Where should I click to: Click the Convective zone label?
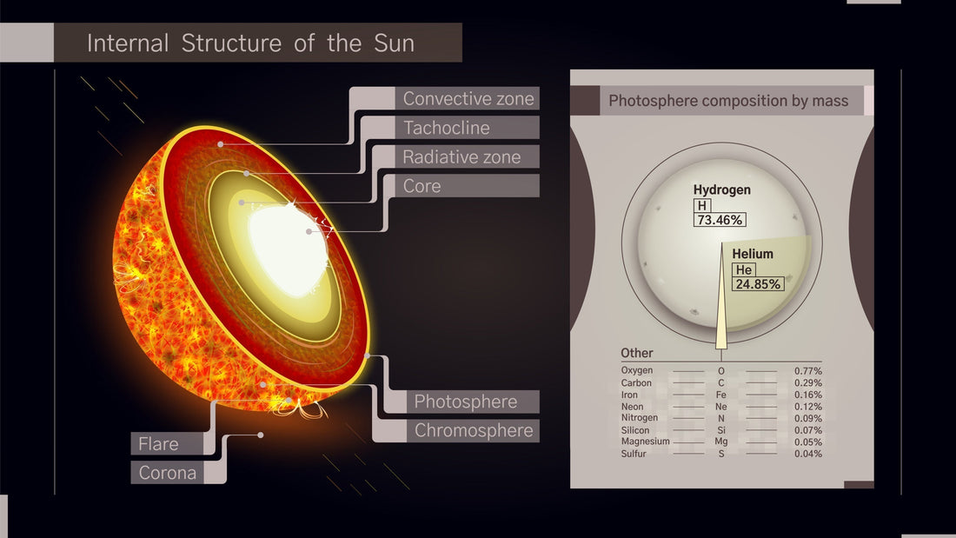coord(468,98)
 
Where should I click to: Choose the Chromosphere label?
coord(473,430)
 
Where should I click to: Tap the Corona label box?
coord(167,473)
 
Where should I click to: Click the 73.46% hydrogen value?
coord(719,220)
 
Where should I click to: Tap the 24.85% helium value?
coord(758,284)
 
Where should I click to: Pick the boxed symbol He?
coord(744,270)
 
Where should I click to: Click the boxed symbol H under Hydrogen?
coord(702,205)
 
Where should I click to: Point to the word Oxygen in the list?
coord(636,371)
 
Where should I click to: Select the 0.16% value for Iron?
coord(807,395)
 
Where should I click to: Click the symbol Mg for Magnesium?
coord(720,442)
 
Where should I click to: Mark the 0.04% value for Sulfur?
coord(807,453)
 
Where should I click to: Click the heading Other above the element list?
coord(636,354)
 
